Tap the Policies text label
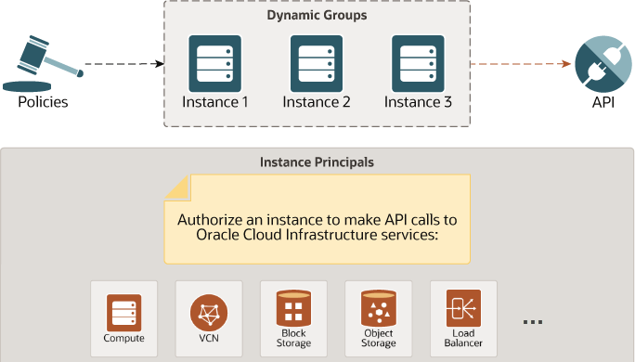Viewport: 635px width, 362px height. [43, 101]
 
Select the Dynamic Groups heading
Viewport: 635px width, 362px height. [317, 16]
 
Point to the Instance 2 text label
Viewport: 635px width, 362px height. [317, 101]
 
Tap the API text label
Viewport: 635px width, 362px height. [603, 101]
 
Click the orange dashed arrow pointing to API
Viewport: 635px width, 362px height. [520, 64]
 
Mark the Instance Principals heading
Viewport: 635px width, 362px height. [317, 162]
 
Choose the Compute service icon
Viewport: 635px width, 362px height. [124, 313]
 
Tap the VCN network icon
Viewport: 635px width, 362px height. [208, 313]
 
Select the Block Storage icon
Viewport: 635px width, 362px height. [292, 307]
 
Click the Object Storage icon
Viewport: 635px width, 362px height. [378, 307]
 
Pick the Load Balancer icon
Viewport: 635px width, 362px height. [463, 307]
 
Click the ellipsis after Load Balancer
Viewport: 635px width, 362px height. [532, 322]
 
